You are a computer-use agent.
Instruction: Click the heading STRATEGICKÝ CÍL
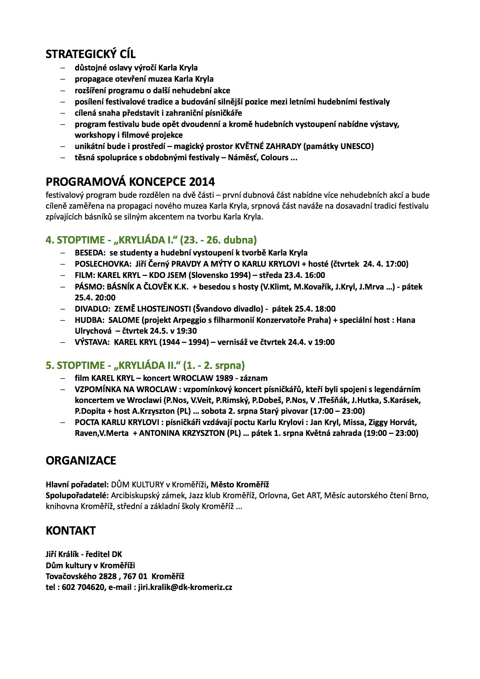click(91, 54)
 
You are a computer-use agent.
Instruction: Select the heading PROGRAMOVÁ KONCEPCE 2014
click(130, 182)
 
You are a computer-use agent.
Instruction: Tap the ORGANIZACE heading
click(81, 460)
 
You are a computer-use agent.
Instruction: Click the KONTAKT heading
click(71, 530)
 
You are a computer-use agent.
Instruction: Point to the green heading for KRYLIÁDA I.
click(151, 240)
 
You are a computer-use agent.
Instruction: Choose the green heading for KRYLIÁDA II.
click(145, 365)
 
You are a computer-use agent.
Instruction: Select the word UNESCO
click(356, 146)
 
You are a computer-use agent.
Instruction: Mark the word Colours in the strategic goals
click(275, 158)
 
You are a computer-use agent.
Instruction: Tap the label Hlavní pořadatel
click(77, 485)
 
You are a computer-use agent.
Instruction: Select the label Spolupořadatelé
click(77, 496)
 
